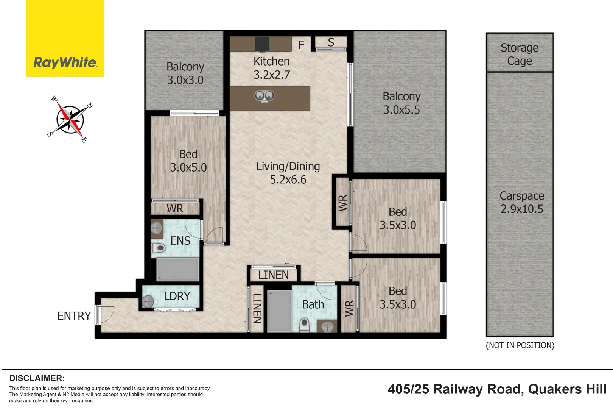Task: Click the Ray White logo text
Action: pos(65,62)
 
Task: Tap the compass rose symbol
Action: pos(71,119)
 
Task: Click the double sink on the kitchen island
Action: pos(264,96)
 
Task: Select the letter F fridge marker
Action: pos(301,45)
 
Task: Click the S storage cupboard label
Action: pos(331,42)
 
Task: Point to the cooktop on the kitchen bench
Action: pos(262,44)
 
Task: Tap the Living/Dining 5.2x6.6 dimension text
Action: pos(288,180)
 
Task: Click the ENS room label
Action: pos(180,241)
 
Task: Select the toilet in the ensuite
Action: pos(159,248)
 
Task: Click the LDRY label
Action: pos(177,296)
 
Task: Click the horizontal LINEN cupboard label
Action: pos(273,275)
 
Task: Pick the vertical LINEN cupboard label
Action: pos(257,308)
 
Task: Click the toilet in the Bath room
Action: pos(304,325)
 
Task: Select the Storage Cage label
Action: pos(520,54)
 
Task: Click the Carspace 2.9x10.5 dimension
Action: pos(522,209)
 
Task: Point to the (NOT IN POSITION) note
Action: pos(520,345)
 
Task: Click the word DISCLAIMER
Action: pos(37,378)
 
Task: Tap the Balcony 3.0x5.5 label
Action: pos(401,103)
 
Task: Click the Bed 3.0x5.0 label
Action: pos(188,161)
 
